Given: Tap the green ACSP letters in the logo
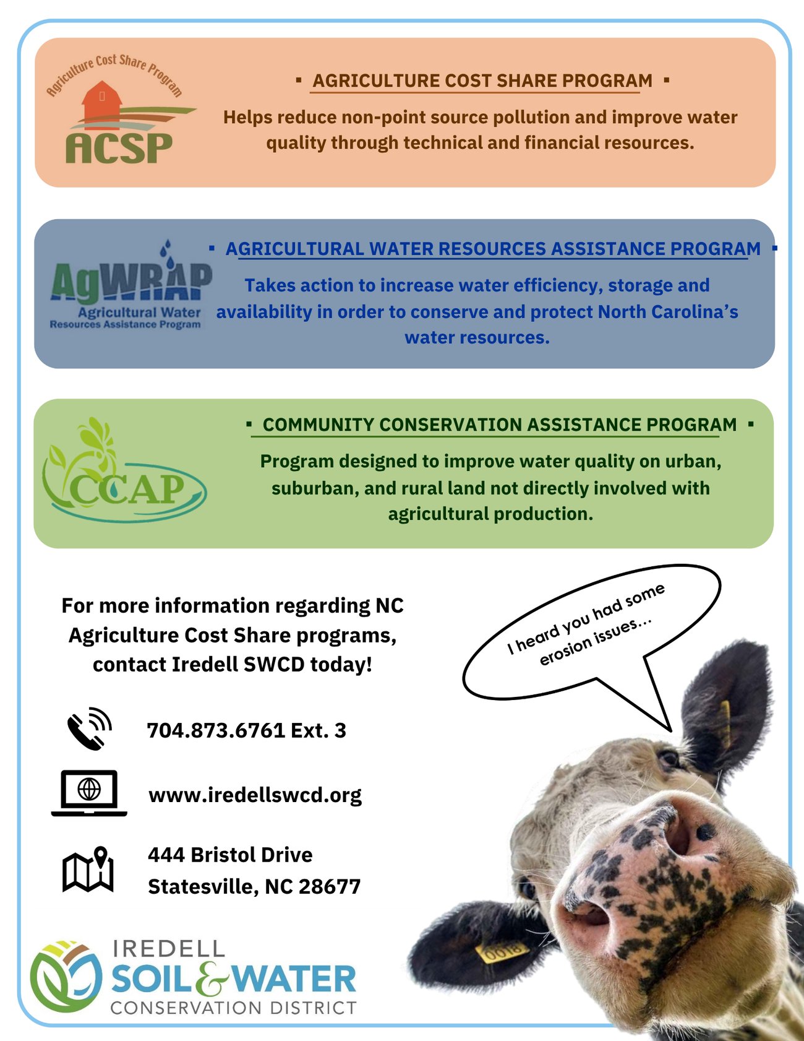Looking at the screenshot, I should [x=119, y=149].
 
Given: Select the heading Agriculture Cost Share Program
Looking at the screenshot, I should [x=482, y=80].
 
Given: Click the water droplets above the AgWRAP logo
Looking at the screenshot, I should [x=168, y=253].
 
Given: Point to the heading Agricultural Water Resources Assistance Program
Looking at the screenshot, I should [x=493, y=249].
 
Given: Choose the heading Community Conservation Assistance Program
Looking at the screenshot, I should [x=499, y=425].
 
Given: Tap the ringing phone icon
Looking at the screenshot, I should [x=89, y=728].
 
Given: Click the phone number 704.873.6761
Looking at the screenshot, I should [x=216, y=730].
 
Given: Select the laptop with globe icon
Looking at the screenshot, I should [x=89, y=792].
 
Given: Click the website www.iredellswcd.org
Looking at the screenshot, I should [x=255, y=795].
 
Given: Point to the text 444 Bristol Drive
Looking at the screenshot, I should [x=230, y=855].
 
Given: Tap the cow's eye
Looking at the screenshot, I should [x=669, y=757].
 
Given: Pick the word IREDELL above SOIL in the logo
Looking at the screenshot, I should [x=168, y=949].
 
